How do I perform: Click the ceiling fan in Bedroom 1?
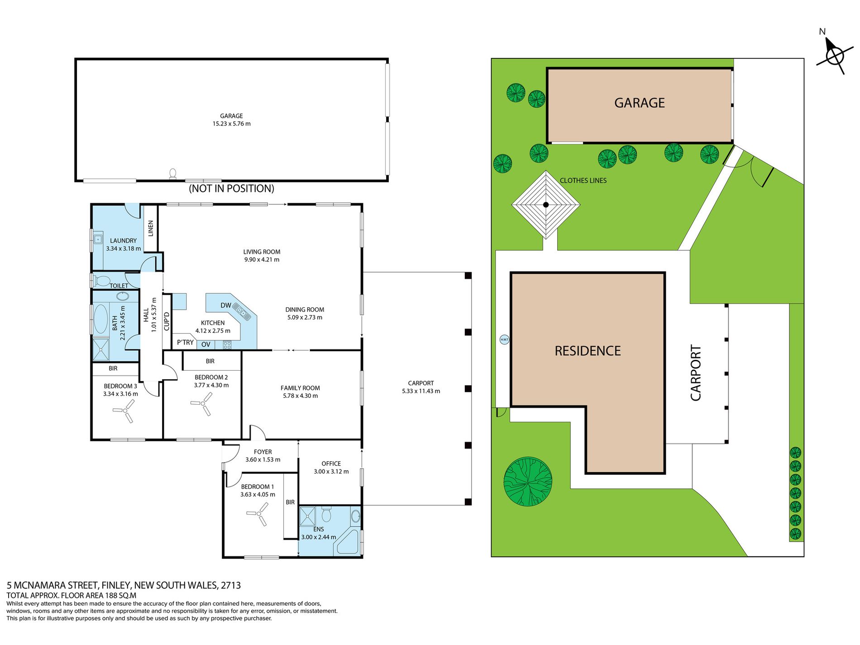(x=258, y=514)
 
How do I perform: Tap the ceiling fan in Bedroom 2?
(x=202, y=403)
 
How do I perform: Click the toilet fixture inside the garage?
(x=172, y=174)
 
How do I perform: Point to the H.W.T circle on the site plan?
(x=504, y=339)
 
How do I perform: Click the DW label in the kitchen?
(x=226, y=306)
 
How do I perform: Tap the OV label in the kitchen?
(x=206, y=344)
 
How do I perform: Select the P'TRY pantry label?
(x=185, y=343)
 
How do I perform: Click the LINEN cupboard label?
(x=151, y=228)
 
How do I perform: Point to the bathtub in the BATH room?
(x=100, y=319)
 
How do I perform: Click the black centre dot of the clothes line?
(x=546, y=205)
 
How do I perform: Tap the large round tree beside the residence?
(x=528, y=482)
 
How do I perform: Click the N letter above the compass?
(x=822, y=32)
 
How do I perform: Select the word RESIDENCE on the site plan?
(x=588, y=351)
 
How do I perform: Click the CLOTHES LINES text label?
(x=583, y=181)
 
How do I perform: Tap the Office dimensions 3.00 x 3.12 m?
(x=331, y=472)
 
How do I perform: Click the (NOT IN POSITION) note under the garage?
(x=231, y=188)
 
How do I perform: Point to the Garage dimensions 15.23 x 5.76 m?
(x=231, y=124)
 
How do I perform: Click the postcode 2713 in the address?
(x=230, y=585)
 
